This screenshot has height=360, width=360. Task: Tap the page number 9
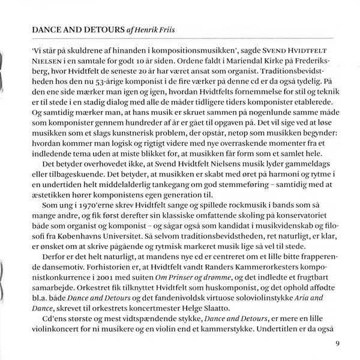click(x=338, y=344)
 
